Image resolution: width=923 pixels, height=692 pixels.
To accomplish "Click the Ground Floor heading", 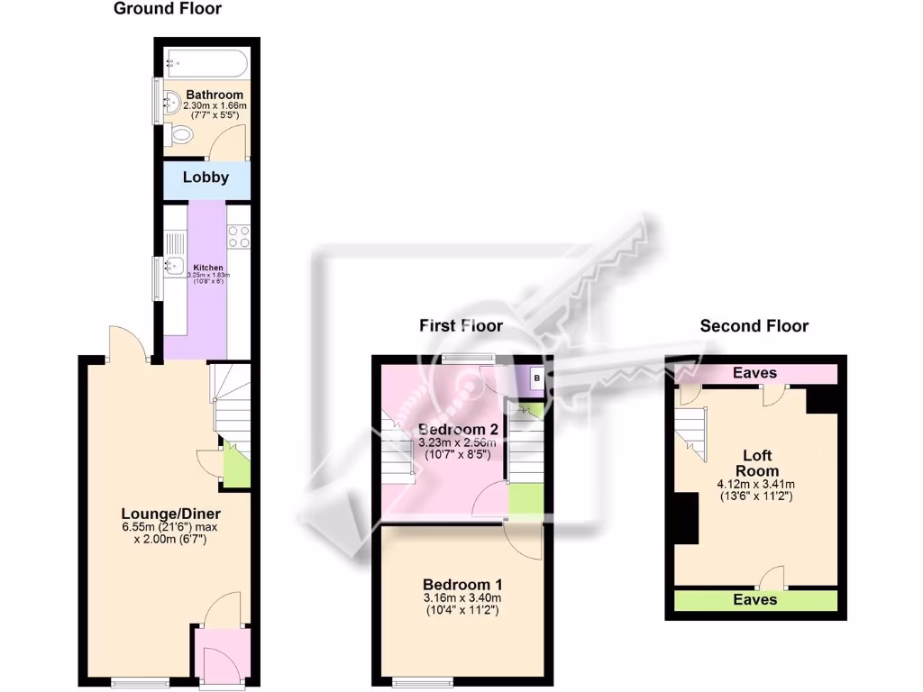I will coord(167,9).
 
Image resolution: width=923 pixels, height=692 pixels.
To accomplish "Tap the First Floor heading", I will coord(461,325).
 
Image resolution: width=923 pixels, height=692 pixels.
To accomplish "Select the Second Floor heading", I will coord(754,325).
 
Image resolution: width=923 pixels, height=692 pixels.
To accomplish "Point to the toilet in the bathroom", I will coord(181,136).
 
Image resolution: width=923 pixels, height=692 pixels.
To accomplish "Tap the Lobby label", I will coord(206,178).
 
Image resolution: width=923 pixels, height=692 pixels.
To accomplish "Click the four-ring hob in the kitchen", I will coord(239,236).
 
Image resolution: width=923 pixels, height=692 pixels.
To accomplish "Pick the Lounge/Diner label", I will coord(159,514).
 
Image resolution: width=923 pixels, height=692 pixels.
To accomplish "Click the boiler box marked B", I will coord(536,379).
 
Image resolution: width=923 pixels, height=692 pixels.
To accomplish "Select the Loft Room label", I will coord(756,463).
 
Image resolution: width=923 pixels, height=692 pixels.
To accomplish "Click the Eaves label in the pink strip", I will coord(754,373).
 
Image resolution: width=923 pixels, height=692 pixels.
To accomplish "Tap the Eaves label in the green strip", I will coord(755,599).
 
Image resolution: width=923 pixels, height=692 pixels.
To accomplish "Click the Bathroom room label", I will coord(215,95).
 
